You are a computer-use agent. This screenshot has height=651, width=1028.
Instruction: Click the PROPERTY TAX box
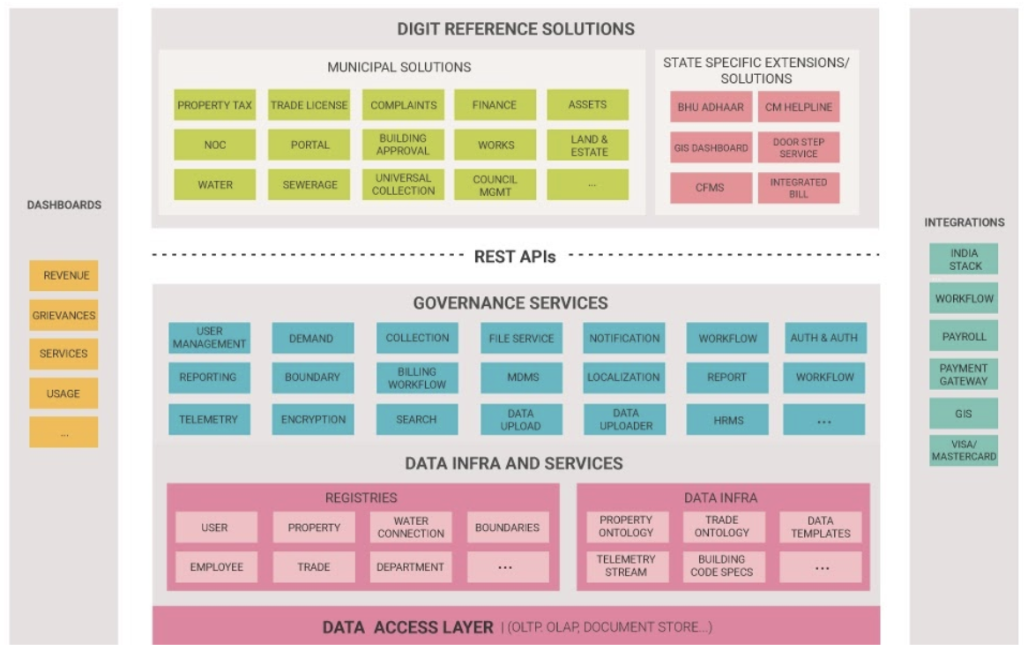(214, 105)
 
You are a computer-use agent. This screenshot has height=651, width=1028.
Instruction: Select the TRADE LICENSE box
(309, 105)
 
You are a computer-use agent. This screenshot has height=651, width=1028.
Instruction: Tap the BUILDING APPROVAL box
(403, 145)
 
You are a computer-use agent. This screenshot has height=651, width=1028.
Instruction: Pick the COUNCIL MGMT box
(495, 184)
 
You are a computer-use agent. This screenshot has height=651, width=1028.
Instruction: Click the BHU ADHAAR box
(711, 108)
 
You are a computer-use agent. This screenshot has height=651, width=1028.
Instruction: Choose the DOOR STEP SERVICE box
(798, 147)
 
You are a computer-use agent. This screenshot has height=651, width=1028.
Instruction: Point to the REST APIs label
(515, 257)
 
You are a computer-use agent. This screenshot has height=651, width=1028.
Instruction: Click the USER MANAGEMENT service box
(210, 338)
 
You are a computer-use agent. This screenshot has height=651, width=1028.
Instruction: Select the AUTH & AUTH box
(823, 338)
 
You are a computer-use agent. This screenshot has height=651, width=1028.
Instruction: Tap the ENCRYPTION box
(313, 420)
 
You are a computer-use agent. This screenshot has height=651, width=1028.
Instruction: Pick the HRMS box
(728, 420)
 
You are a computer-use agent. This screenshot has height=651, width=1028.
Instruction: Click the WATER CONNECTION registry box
(411, 528)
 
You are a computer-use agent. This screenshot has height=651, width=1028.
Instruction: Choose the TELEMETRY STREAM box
(626, 565)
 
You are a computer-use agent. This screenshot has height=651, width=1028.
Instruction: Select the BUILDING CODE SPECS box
(723, 565)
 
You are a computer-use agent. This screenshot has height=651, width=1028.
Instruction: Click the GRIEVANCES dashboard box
(63, 315)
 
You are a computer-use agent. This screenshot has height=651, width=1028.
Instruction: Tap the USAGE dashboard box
(63, 393)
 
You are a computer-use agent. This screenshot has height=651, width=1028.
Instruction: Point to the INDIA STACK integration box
(964, 259)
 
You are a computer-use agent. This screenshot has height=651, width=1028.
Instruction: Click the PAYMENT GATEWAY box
(964, 375)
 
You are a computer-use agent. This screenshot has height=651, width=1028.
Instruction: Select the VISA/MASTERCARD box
(964, 450)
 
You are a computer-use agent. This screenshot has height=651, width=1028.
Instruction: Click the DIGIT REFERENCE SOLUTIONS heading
(516, 29)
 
